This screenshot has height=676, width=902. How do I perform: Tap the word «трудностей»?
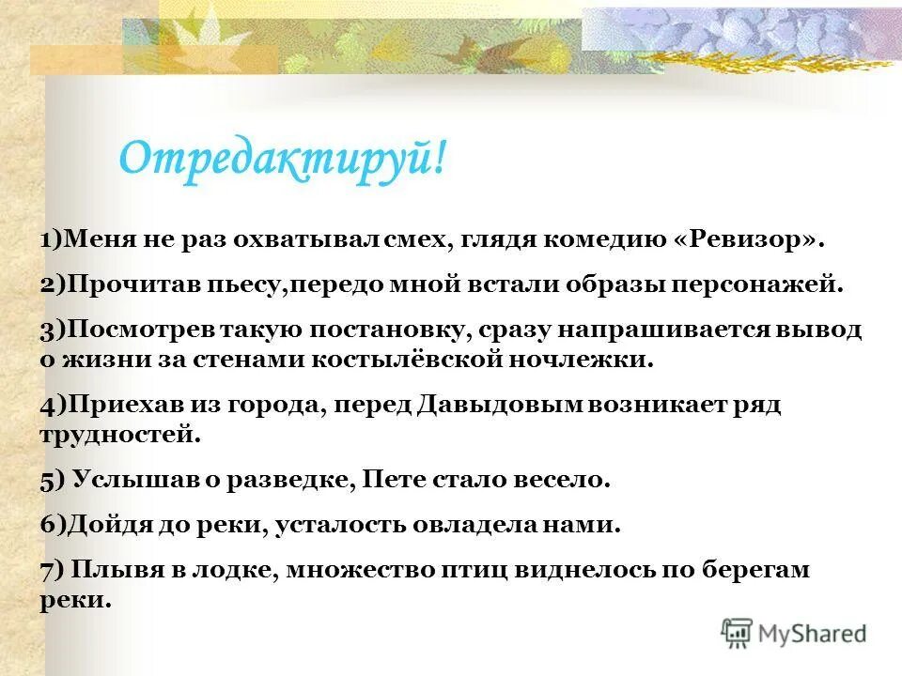point(119,433)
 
